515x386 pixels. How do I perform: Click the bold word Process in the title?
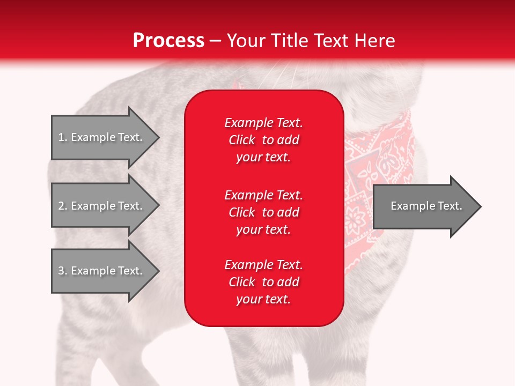pyautogui.click(x=168, y=41)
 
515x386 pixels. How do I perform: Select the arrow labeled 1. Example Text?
pyautogui.click(x=102, y=137)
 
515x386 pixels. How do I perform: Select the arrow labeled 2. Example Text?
pyautogui.click(x=102, y=206)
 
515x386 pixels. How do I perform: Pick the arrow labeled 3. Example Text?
pyautogui.click(x=102, y=271)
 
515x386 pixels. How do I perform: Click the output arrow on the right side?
pyautogui.click(x=424, y=206)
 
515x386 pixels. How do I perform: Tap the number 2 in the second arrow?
pyautogui.click(x=61, y=206)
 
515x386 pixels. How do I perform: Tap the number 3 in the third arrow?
pyautogui.click(x=61, y=271)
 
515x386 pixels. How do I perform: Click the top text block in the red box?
pyautogui.click(x=263, y=140)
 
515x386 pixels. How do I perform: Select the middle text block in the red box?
pyautogui.click(x=263, y=212)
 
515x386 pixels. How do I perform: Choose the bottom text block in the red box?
pyautogui.click(x=263, y=282)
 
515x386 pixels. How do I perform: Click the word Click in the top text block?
pyautogui.click(x=242, y=140)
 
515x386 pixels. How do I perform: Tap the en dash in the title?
pyautogui.click(x=216, y=41)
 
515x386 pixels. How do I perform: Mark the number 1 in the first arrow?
pyautogui.click(x=61, y=137)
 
